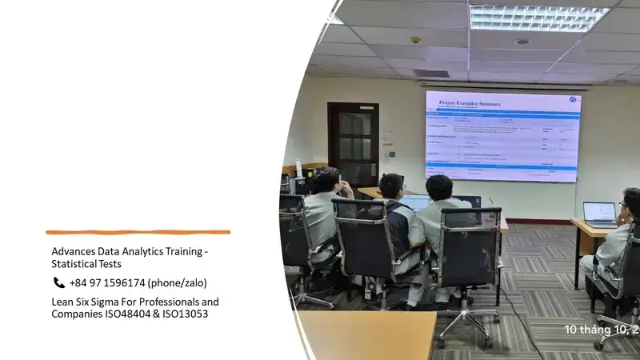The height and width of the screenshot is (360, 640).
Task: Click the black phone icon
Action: [x=58, y=282]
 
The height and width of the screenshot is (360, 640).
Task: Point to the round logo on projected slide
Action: [x=573, y=99]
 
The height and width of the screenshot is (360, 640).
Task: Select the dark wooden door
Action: [x=353, y=144]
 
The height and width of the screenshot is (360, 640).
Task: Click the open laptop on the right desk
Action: [x=599, y=214]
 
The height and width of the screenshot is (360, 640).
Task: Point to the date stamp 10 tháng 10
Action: [x=601, y=330]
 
